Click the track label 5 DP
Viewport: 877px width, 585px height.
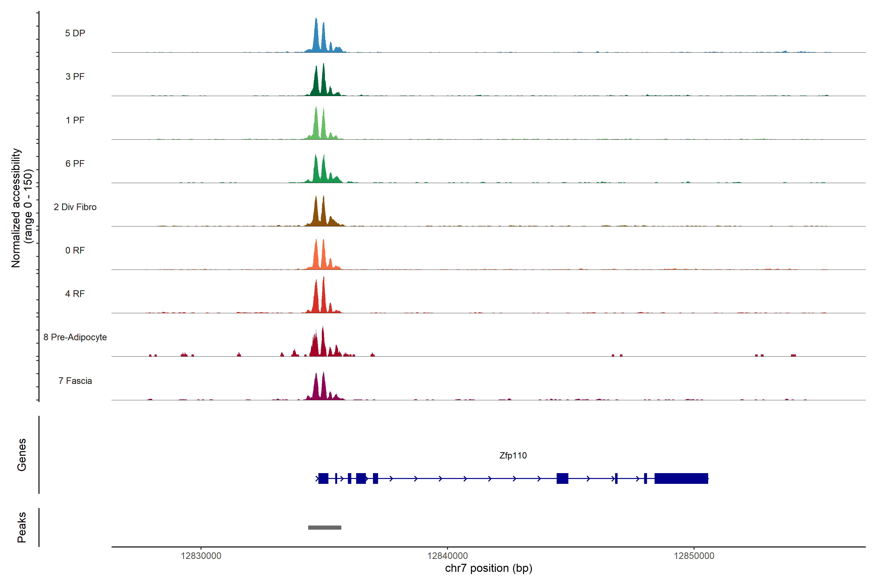click(x=75, y=33)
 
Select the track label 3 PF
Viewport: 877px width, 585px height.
click(x=75, y=77)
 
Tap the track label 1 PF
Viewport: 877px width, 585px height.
click(x=75, y=120)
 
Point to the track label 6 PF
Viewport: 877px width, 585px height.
click(x=75, y=163)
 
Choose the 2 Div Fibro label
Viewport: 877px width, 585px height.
click(x=75, y=207)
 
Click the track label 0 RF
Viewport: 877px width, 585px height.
click(x=75, y=250)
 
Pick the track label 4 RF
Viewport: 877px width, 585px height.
click(x=75, y=294)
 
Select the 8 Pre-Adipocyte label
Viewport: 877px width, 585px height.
click(x=75, y=337)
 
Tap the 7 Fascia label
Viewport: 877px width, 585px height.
click(x=75, y=380)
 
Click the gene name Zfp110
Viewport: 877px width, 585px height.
click(x=513, y=456)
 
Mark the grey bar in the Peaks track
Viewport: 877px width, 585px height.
click(x=324, y=527)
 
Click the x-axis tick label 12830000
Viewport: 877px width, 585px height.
click(x=201, y=556)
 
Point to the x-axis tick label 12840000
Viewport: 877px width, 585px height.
click(x=448, y=556)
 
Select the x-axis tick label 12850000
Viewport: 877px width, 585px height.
click(x=694, y=556)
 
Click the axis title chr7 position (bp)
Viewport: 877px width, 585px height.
click(x=488, y=568)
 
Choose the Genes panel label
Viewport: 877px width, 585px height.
click(x=22, y=455)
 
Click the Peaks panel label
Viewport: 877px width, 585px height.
click(x=22, y=527)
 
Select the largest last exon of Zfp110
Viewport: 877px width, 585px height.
click(x=681, y=478)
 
